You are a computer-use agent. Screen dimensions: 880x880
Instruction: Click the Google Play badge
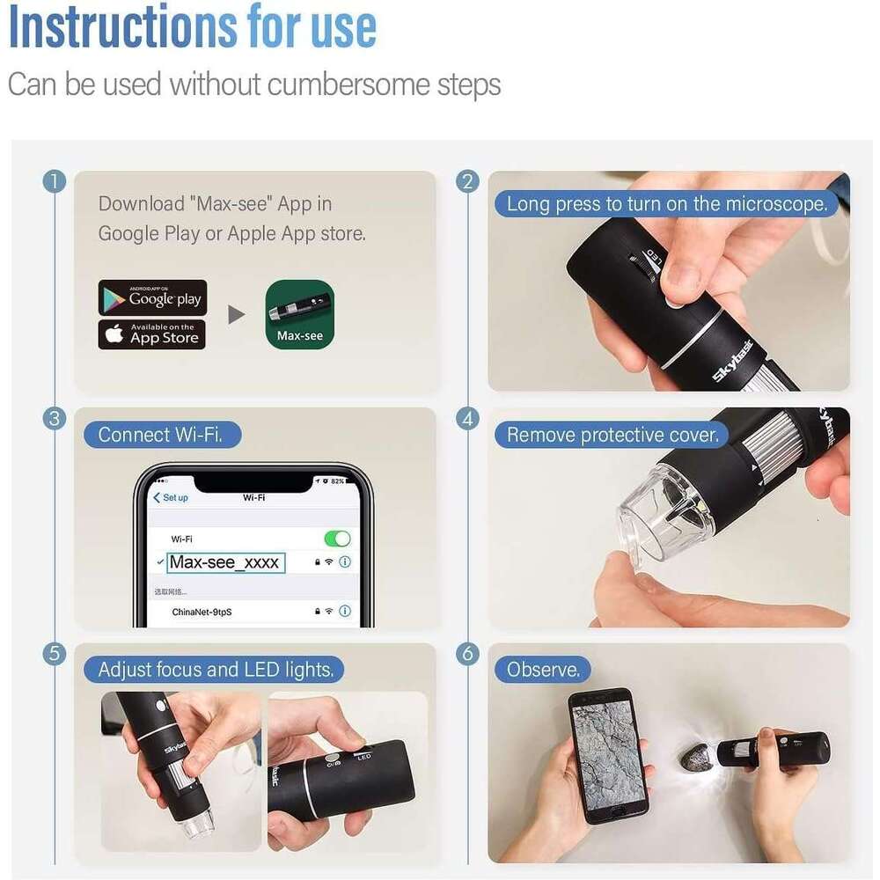[x=152, y=298]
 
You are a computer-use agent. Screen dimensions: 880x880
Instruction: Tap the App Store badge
[x=152, y=335]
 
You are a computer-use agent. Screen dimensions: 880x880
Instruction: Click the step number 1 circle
[x=55, y=181]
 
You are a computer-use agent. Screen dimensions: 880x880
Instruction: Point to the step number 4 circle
[x=468, y=418]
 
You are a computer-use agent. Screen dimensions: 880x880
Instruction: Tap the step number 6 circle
[x=468, y=653]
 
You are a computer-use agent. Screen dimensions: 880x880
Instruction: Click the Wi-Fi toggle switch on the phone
[x=336, y=539]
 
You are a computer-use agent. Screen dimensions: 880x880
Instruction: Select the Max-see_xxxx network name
[x=225, y=562]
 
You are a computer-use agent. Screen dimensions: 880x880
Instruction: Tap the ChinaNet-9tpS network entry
[x=208, y=611]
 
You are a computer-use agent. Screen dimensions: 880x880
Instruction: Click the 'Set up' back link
[x=171, y=497]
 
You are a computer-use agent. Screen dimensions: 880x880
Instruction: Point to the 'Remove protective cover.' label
[x=612, y=435]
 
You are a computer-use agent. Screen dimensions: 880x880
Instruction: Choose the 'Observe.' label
[x=543, y=670]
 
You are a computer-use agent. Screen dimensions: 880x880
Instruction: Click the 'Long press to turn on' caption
[x=667, y=204]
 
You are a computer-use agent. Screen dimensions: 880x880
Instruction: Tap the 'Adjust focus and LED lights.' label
[x=216, y=670]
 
